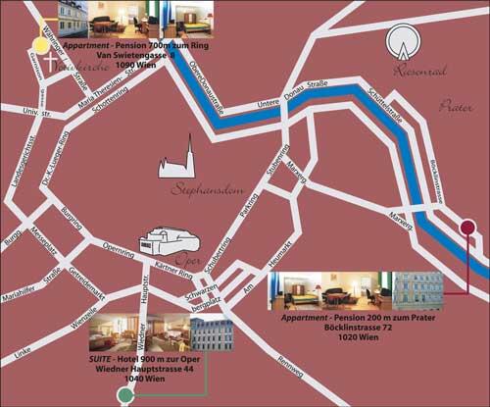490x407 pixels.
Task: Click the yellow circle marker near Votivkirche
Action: (41, 43)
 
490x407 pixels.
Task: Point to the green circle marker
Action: (125, 395)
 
